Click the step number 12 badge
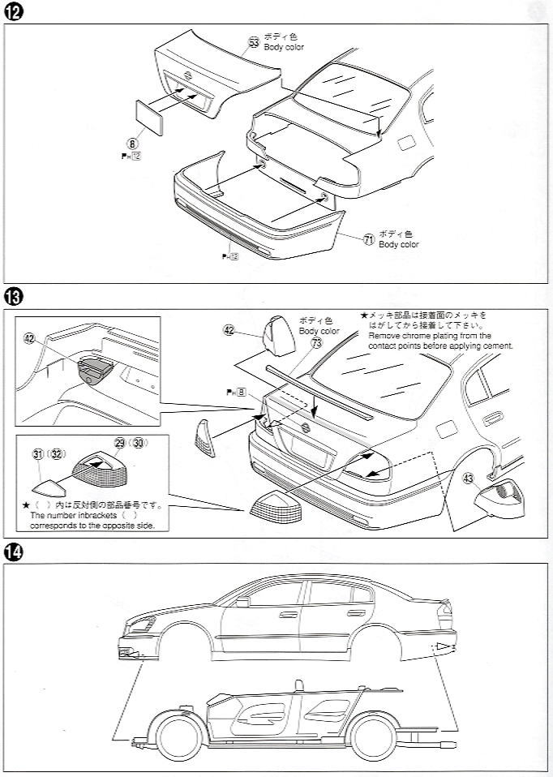pos(12,12)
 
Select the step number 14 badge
pos(12,552)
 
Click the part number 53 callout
pos(254,42)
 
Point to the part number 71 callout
pos(369,239)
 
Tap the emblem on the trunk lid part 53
pos(189,75)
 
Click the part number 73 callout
pos(316,344)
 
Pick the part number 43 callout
pos(468,479)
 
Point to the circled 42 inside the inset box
pos(30,339)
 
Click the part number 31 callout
pos(38,454)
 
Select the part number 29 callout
pos(120,443)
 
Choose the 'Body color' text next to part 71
pos(399,244)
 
